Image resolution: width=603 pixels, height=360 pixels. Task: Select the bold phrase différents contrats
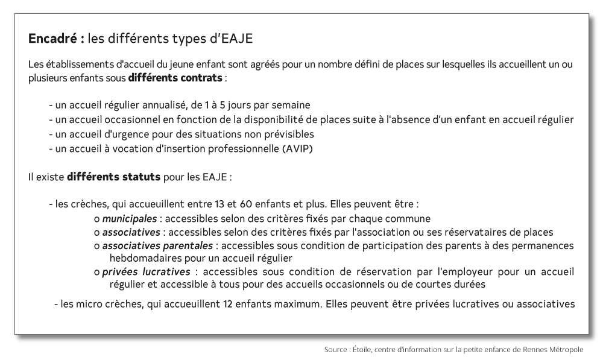click(x=175, y=78)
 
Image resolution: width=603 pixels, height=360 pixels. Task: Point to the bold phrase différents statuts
click(x=113, y=177)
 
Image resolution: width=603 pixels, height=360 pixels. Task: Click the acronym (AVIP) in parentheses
click(x=297, y=148)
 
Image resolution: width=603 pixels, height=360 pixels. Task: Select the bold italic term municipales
click(x=129, y=218)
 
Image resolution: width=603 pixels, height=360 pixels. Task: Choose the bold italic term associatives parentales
click(x=157, y=245)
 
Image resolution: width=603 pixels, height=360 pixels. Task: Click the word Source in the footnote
click(x=336, y=349)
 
